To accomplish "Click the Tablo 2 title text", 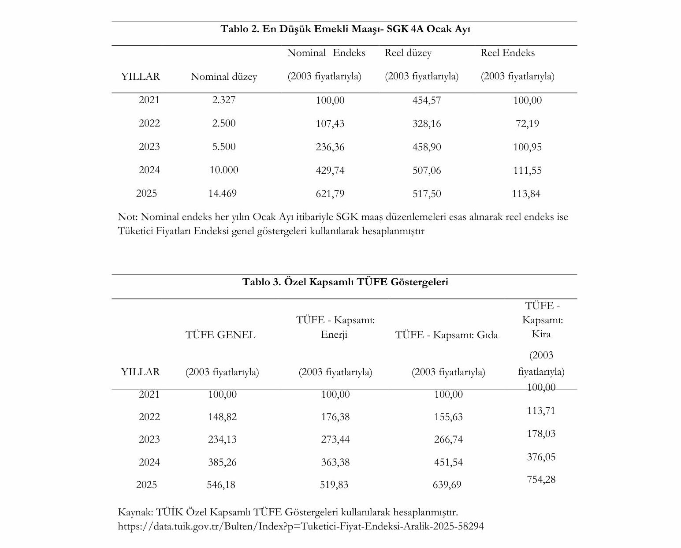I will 345,29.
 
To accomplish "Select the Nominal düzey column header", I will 223,77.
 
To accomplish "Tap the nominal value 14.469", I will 223,194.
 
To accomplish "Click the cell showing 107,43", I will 330,124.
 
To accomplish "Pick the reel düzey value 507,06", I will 426,171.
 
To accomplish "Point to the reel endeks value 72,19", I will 527,124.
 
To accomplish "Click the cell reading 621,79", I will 330,194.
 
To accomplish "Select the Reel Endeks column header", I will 507,53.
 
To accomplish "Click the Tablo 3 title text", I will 345,282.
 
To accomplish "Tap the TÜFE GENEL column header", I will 220,335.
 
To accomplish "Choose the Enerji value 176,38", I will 335,417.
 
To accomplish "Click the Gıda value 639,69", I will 447,485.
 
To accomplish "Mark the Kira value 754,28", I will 541,480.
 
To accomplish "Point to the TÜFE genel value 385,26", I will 222,462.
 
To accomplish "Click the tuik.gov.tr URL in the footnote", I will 301,526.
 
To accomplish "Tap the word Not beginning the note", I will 127,217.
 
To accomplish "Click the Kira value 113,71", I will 541,411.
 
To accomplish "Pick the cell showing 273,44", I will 335,440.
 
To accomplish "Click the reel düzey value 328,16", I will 426,124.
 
